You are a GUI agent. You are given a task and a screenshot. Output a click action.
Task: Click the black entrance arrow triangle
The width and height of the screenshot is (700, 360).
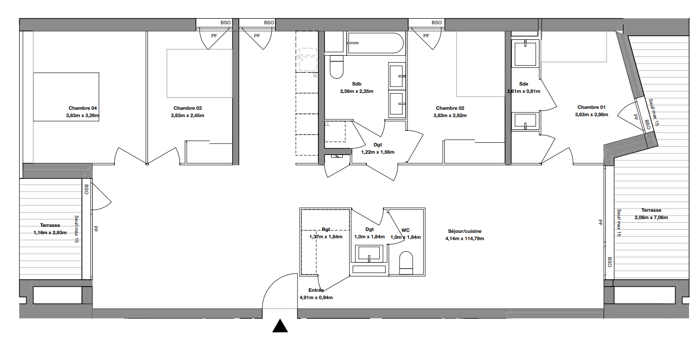(x=280, y=326)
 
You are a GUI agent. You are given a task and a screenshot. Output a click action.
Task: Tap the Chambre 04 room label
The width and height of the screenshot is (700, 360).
(x=82, y=108)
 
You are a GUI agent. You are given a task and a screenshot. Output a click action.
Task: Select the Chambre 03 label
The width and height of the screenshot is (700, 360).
(x=188, y=108)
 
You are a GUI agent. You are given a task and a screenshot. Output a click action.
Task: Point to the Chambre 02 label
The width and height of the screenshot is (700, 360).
(x=450, y=108)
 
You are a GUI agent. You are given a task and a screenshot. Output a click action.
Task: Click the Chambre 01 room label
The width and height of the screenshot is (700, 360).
(x=591, y=107)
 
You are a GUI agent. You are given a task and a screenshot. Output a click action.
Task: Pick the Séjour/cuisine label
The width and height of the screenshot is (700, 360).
(x=465, y=231)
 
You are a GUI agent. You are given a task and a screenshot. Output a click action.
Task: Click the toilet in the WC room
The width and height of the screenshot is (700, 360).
(x=406, y=263)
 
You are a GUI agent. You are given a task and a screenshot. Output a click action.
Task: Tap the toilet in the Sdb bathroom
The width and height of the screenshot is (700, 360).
(x=337, y=67)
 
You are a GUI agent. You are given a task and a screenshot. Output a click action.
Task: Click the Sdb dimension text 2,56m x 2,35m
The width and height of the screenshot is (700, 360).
(x=356, y=91)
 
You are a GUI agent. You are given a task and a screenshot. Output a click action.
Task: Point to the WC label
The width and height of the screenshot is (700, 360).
(x=406, y=230)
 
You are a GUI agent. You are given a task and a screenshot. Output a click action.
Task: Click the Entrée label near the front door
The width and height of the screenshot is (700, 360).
(x=316, y=290)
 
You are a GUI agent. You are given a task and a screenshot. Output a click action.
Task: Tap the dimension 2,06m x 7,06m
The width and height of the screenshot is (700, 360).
(x=651, y=217)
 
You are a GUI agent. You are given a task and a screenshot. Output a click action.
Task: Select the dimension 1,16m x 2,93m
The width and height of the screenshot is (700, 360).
(x=50, y=232)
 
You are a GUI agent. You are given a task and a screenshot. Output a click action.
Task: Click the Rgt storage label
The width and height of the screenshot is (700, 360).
(x=326, y=229)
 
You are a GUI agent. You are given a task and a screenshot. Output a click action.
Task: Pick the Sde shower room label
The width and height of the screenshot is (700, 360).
(x=524, y=84)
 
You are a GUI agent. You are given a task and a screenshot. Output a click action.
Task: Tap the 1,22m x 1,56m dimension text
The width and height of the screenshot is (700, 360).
(x=378, y=152)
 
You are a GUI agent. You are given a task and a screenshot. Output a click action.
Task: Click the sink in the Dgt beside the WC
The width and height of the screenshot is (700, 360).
(x=369, y=253)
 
